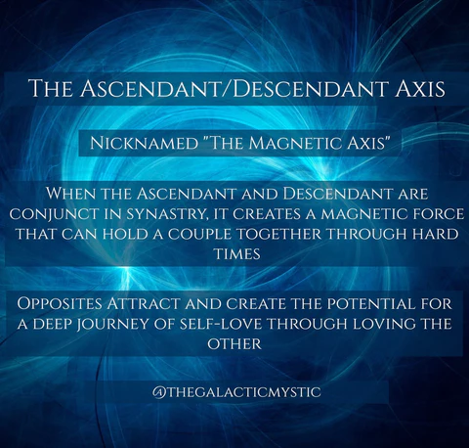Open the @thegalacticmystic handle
point(234,391)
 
